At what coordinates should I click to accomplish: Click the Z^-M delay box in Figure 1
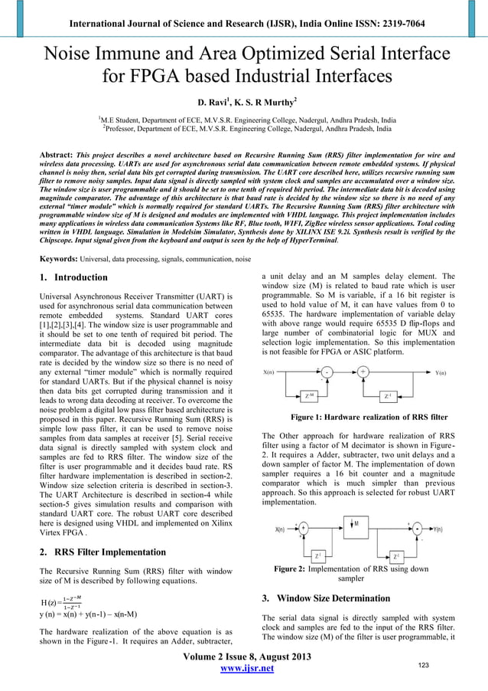coord(308,395)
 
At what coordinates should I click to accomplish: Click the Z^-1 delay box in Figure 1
coord(390,395)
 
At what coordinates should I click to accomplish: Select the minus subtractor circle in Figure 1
coord(327,373)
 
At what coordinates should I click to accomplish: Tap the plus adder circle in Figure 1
coord(363,373)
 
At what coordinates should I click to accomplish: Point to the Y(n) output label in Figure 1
coord(441,373)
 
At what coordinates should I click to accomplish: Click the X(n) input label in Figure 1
coord(269,373)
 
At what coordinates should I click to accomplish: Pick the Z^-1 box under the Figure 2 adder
coord(318,555)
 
